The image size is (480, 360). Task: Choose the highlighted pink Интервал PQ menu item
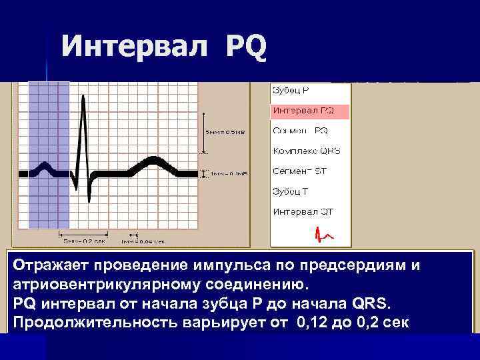tap(303, 111)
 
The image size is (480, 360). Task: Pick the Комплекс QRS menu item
tap(306, 151)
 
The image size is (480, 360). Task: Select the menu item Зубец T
tap(290, 191)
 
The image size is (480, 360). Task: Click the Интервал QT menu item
tap(303, 212)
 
